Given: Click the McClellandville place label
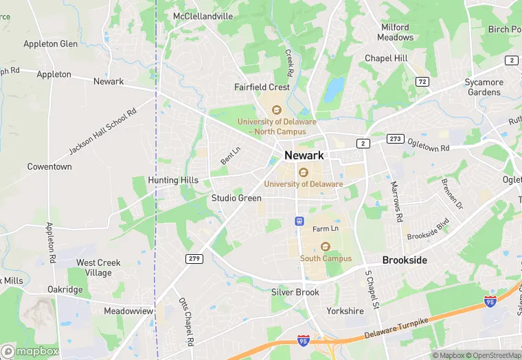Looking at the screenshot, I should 203,16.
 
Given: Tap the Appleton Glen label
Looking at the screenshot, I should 50,44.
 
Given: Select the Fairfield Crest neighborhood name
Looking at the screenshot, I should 262,87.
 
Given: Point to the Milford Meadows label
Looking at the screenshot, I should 396,32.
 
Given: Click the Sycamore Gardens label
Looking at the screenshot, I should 484,87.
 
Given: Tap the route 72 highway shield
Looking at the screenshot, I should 422,82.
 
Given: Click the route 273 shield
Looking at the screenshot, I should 394,138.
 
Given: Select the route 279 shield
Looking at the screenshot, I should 194,258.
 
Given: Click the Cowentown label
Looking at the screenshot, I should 49,167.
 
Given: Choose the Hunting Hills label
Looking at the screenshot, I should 173,181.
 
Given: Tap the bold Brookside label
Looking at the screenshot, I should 405,260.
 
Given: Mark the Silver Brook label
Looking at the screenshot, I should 295,292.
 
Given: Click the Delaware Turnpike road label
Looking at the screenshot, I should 398,329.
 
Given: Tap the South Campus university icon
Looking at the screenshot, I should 326,247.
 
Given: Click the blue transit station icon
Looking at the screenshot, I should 299,221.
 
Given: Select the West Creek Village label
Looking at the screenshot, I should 94,268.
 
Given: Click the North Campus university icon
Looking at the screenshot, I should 277,110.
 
